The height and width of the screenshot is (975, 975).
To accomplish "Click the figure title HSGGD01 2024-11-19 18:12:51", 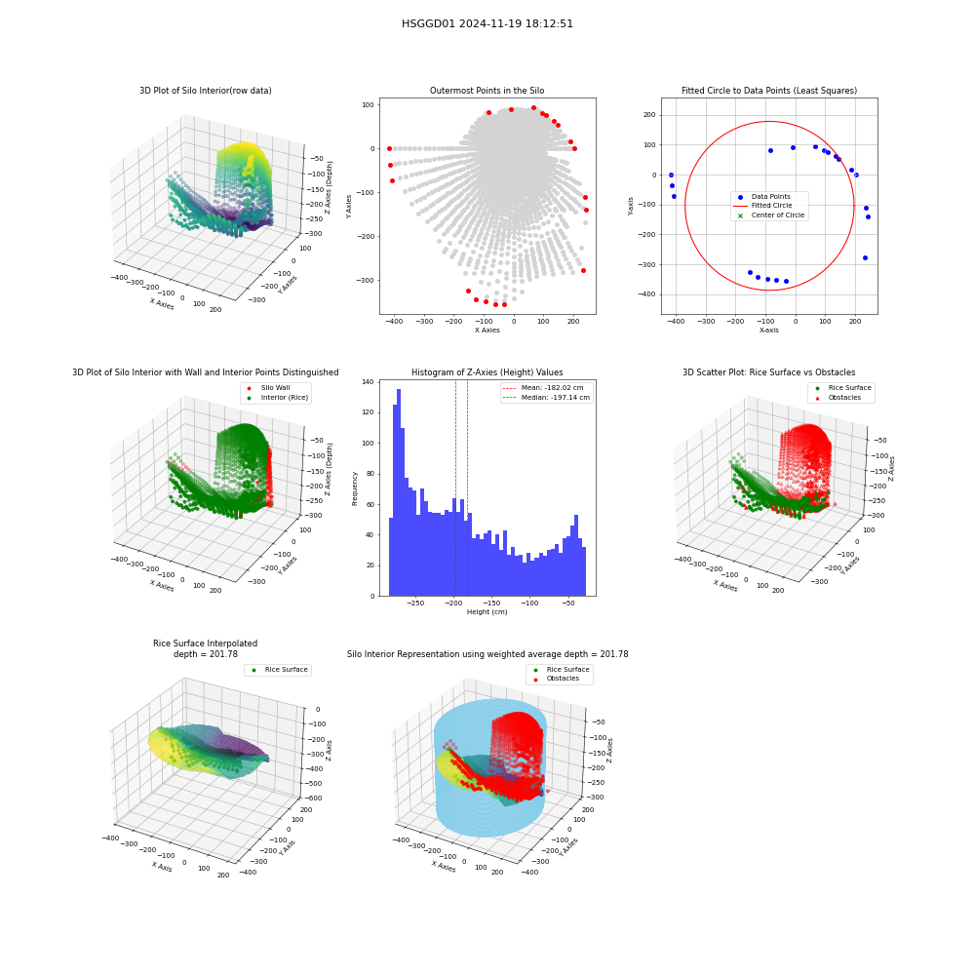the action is click(x=487, y=23).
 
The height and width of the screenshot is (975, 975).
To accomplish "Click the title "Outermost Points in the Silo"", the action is click(x=487, y=91).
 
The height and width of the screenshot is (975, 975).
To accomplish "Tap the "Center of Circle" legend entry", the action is click(x=770, y=215).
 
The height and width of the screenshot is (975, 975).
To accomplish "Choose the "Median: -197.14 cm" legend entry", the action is click(x=547, y=398).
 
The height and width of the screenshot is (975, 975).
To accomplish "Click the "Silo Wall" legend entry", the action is click(x=269, y=388).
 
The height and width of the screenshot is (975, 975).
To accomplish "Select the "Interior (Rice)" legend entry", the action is click(x=276, y=398).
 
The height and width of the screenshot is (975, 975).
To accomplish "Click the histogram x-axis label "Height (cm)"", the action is click(x=487, y=612).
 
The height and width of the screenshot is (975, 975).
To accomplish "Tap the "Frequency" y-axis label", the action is click(x=355, y=488).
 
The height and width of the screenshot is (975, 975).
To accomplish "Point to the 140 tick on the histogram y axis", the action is click(x=369, y=382).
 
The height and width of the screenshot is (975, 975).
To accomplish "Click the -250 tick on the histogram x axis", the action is click(x=415, y=604).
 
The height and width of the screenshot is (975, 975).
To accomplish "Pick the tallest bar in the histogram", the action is click(x=399, y=492).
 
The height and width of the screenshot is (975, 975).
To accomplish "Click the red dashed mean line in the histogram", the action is click(x=468, y=488).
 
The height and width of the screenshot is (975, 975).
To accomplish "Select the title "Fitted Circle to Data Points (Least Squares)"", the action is click(x=769, y=91).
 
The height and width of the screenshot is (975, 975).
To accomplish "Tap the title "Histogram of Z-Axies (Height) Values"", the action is click(x=487, y=372).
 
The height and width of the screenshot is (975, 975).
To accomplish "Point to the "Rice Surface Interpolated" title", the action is click(x=205, y=643).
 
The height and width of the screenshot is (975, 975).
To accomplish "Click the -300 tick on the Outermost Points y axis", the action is click(x=366, y=281).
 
